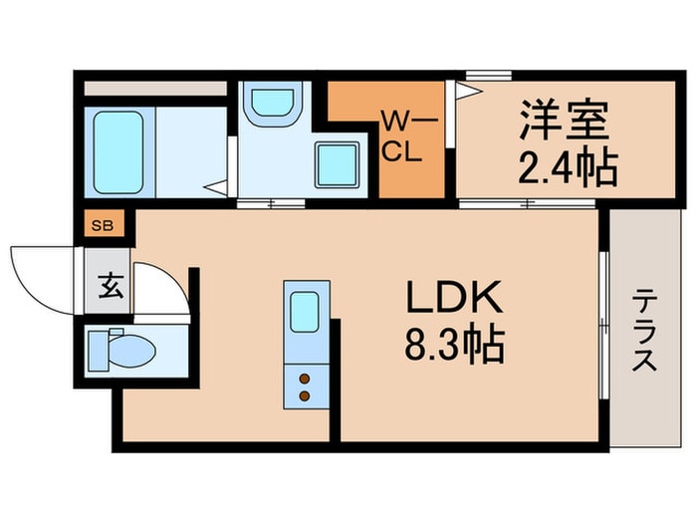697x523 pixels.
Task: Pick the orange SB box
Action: tap(103, 225)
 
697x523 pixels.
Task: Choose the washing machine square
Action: tap(338, 165)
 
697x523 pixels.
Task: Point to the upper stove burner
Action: tap(304, 378)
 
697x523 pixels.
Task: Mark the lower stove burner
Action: tap(304, 396)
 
